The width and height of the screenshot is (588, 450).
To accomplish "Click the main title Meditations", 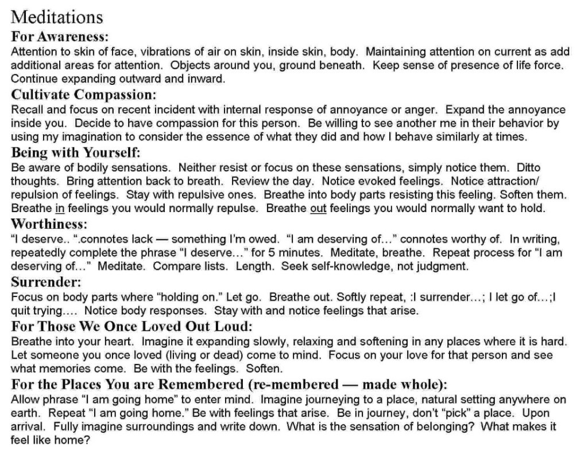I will pyautogui.click(x=57, y=17).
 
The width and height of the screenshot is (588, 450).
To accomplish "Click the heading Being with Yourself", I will pyautogui.click(x=75, y=153).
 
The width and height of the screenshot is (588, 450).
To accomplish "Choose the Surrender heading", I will pyautogui.click(x=46, y=283).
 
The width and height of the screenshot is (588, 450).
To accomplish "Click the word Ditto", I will pyautogui.click(x=528, y=168).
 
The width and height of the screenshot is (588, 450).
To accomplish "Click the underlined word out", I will pyautogui.click(x=318, y=209).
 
